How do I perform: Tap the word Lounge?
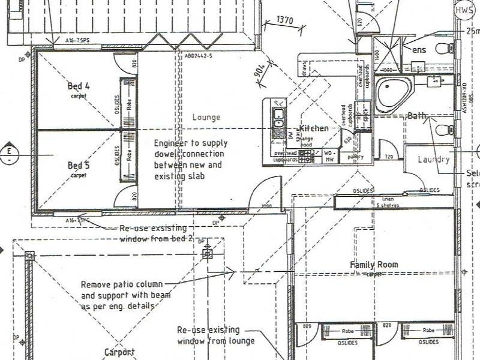tap(206, 118)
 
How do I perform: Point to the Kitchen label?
tap(314, 128)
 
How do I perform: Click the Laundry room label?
tap(433, 160)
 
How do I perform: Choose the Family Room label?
tap(374, 265)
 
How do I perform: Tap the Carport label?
tap(119, 353)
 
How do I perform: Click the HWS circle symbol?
tap(464, 10)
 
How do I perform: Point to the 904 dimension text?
tap(259, 73)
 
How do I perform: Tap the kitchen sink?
tap(278, 119)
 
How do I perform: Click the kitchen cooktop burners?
tap(306, 157)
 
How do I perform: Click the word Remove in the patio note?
tap(96, 284)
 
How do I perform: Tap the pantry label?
tap(356, 157)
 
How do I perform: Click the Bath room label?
tap(416, 115)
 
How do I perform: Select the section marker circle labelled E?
tap(9, 154)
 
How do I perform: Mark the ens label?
tap(419, 50)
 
